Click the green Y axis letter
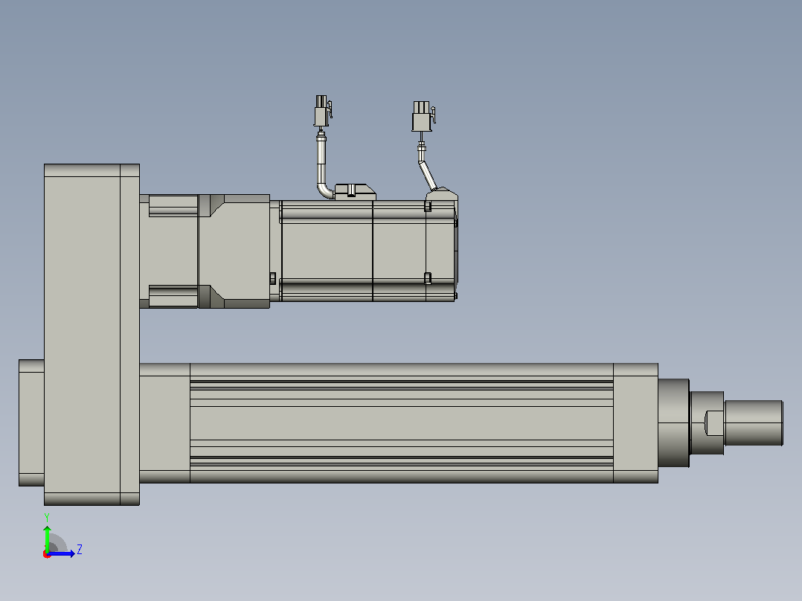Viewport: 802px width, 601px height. click(47, 518)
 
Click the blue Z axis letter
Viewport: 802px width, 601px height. click(80, 550)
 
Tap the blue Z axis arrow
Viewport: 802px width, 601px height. click(61, 553)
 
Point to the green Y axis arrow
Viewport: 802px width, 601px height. click(47, 539)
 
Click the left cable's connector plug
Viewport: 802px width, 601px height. click(322, 111)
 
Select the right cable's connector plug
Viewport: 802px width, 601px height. click(423, 116)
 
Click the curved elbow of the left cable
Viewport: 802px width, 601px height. click(324, 190)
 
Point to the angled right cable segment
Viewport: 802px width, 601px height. click(428, 176)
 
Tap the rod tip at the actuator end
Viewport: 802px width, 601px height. click(754, 423)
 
